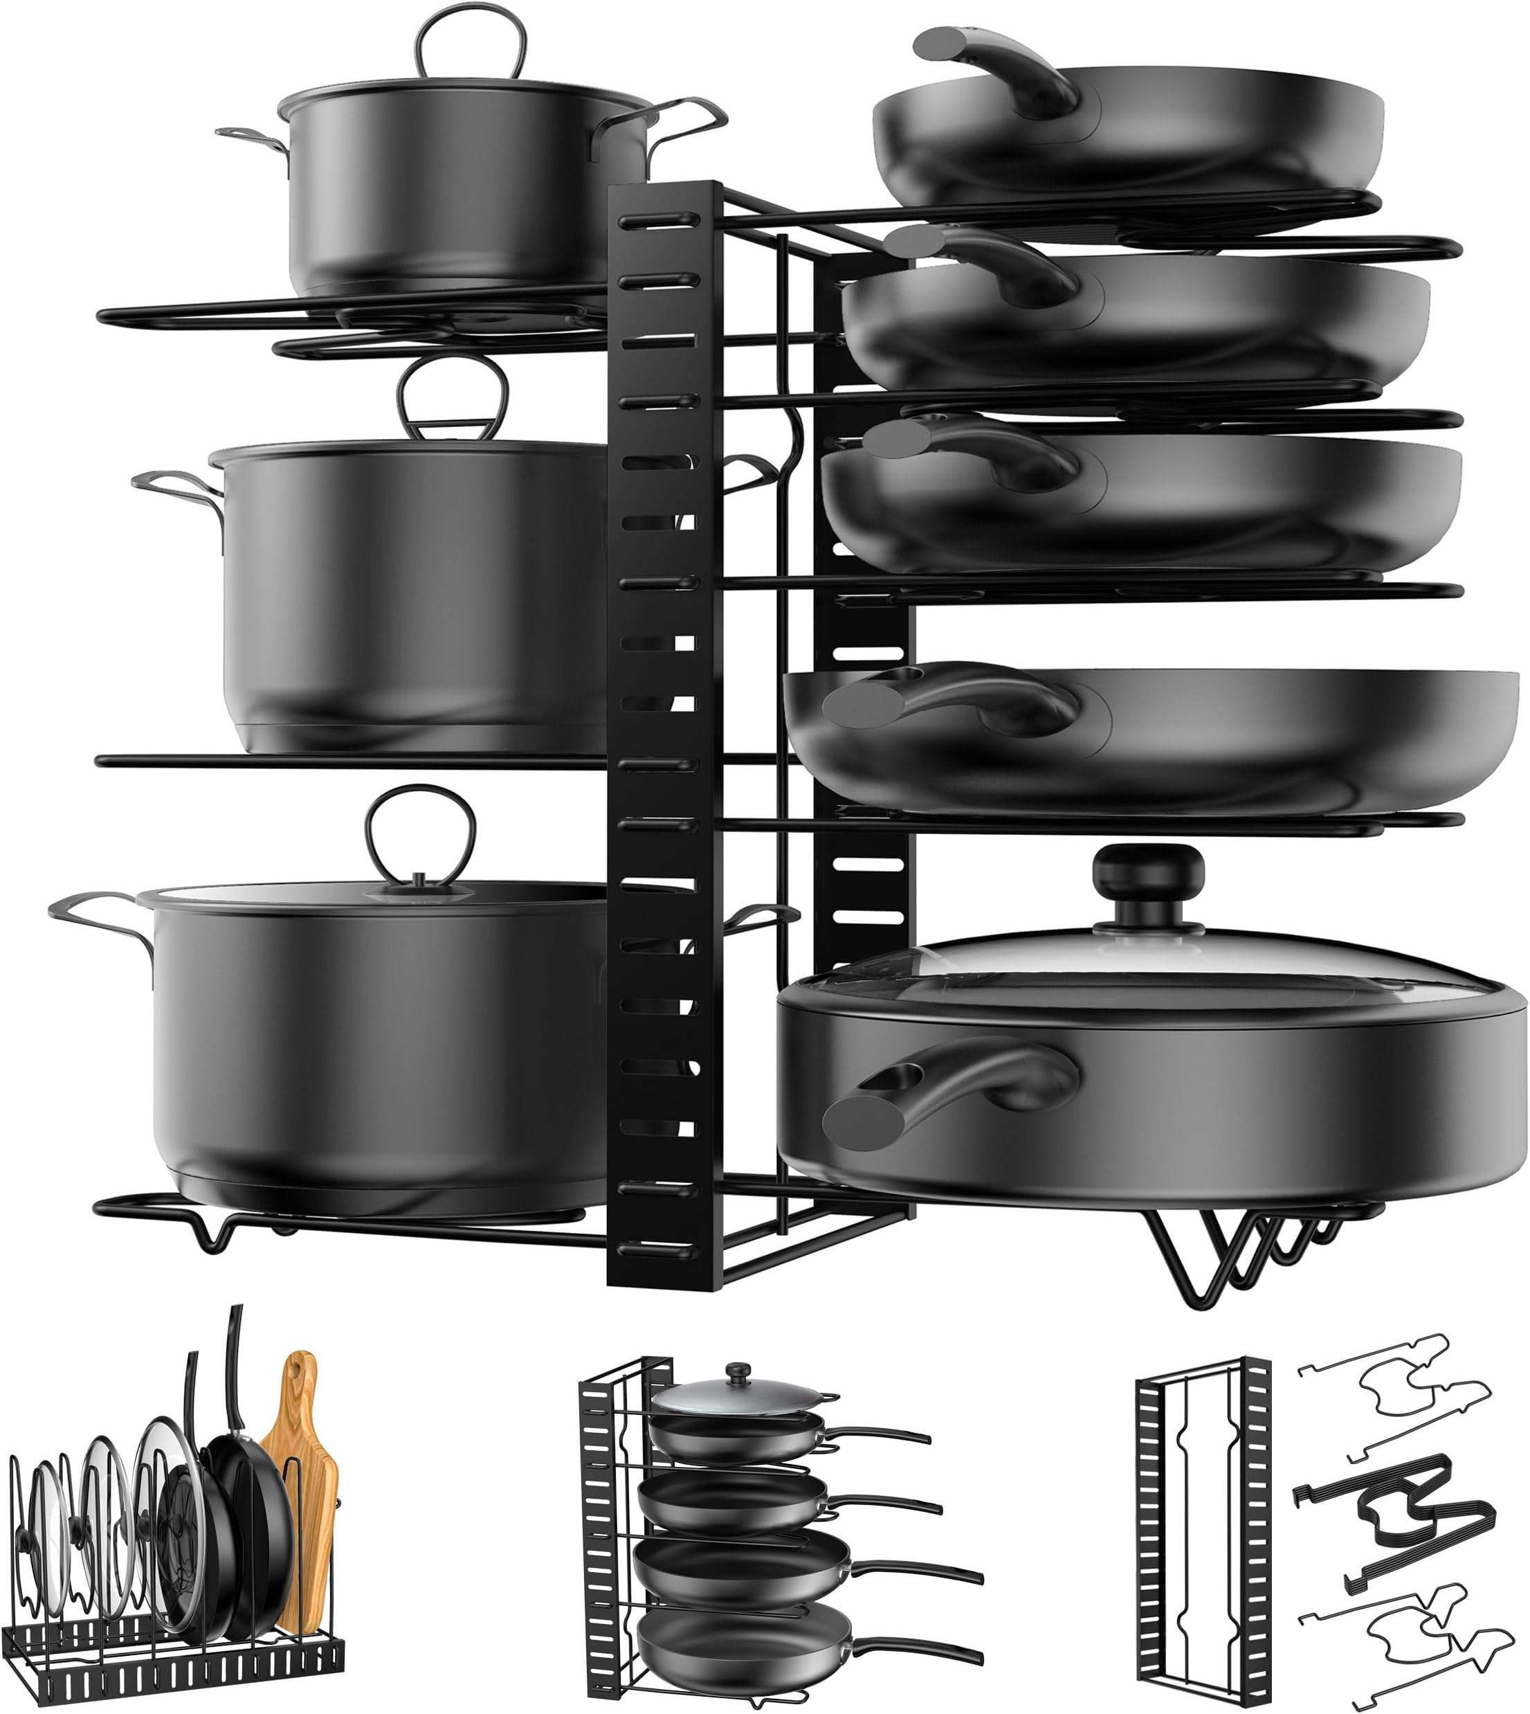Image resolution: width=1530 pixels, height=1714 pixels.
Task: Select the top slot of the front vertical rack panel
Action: point(660,220)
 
